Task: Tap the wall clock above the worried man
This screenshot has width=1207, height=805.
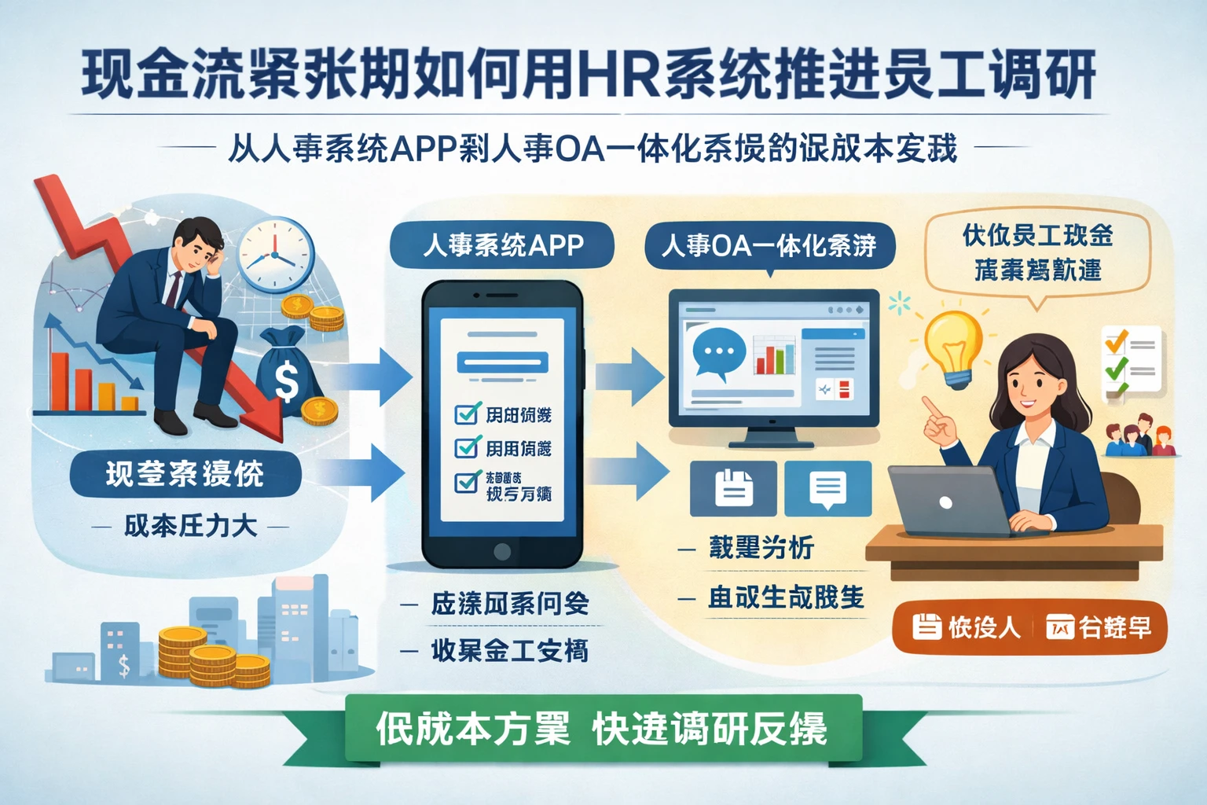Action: point(275,255)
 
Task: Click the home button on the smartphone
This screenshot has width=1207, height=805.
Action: point(502,550)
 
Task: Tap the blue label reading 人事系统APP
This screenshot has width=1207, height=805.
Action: point(502,245)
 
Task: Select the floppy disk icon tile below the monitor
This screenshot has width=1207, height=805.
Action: point(733,488)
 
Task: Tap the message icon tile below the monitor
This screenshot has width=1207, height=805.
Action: point(827,488)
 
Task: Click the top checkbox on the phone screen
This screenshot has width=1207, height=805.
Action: point(468,414)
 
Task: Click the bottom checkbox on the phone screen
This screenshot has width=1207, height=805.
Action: point(468,481)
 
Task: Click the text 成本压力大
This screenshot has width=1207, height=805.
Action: point(190,526)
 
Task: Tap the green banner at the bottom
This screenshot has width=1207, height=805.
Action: point(602,729)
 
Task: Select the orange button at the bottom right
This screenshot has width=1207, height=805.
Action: point(1030,627)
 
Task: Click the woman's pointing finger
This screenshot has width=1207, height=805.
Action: point(931,406)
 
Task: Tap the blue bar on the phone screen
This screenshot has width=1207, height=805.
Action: point(502,362)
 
